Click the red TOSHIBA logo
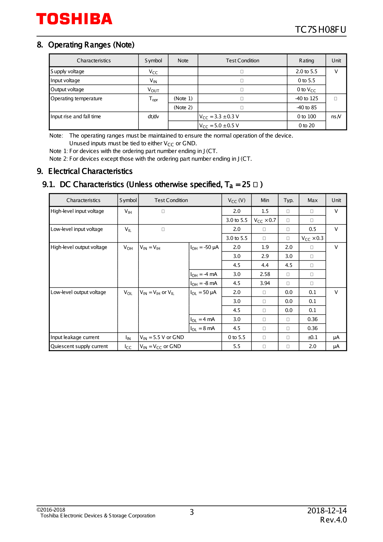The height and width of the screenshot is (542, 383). (x=74, y=19)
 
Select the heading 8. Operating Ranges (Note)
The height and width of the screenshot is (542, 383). (x=86, y=45)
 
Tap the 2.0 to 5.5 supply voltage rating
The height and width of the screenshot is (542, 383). (x=306, y=71)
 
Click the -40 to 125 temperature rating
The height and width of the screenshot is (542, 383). (x=306, y=98)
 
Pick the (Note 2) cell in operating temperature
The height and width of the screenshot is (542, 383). (x=183, y=107)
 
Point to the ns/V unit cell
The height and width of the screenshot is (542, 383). (x=336, y=116)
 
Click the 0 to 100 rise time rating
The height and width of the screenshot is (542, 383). (x=306, y=116)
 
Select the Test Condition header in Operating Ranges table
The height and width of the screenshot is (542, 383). (x=242, y=61)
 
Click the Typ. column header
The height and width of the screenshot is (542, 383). (x=288, y=200)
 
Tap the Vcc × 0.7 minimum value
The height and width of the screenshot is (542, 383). (x=265, y=220)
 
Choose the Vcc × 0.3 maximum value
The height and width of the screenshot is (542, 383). (x=312, y=238)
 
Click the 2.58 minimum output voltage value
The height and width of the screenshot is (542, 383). (x=265, y=274)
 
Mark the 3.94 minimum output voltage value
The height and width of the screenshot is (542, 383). (x=265, y=283)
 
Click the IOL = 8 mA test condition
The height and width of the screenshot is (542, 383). (x=202, y=328)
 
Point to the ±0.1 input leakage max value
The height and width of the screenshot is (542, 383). (x=312, y=337)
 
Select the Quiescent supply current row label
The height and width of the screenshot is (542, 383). (x=79, y=346)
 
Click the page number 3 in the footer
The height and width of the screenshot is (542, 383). (x=192, y=512)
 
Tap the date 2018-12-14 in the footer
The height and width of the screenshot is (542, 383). (x=327, y=510)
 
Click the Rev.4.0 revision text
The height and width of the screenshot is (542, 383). (x=333, y=520)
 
